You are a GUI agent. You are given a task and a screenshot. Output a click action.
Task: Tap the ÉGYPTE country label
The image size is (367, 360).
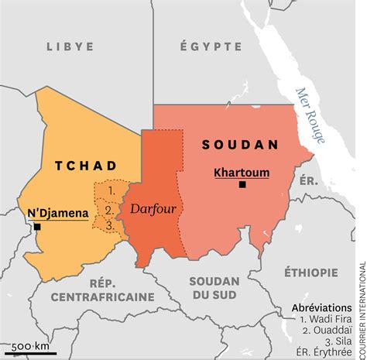(x=211, y=46)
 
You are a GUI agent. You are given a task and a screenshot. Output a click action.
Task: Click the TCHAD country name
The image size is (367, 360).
(x=86, y=166)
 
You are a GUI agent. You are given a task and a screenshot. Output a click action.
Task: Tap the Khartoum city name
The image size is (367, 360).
(x=242, y=172)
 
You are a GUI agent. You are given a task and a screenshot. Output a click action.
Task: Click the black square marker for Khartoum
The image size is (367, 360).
(x=242, y=184)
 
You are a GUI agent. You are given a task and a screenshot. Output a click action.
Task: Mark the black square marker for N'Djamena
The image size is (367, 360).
(x=36, y=227)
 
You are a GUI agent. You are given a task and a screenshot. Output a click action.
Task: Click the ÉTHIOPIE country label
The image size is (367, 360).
(x=310, y=272)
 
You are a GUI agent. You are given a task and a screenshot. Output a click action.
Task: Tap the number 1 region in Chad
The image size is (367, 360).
(x=111, y=189)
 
